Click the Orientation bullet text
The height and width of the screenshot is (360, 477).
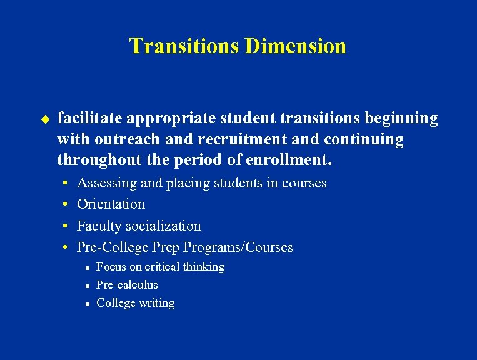pos(111,204)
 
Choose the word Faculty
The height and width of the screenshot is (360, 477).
pos(99,226)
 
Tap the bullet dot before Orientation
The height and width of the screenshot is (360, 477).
pos(65,205)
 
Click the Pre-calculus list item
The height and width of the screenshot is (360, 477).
pos(127,285)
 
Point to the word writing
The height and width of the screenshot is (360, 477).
pos(157,303)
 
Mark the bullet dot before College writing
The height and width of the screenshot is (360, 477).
pos(89,304)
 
